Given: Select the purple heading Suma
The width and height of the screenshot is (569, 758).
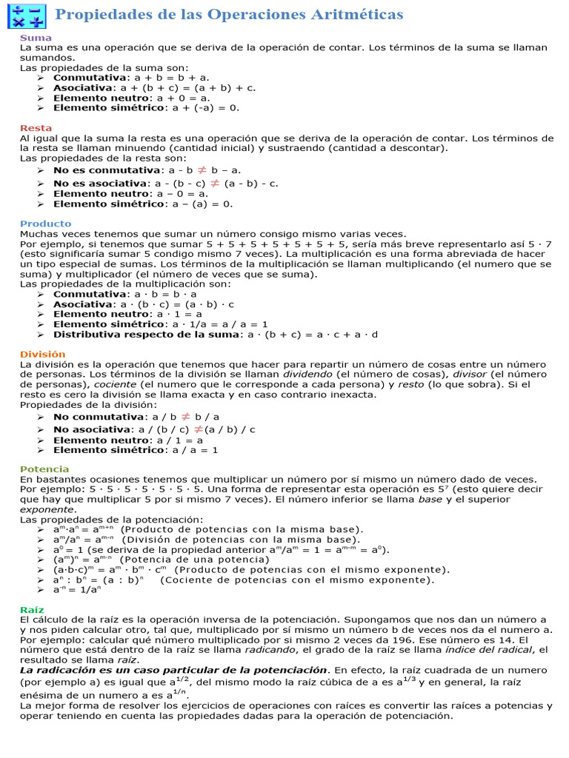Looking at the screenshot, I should point(36,37).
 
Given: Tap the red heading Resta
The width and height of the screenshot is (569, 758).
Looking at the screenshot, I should point(36,128).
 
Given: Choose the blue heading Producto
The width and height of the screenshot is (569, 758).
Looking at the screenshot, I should point(45,224).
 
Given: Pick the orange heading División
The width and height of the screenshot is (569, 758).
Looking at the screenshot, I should point(42,354).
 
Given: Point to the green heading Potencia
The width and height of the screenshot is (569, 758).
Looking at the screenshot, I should point(44,469).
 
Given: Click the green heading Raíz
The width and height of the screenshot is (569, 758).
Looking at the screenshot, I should point(32,608).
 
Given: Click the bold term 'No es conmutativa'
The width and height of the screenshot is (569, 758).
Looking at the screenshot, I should point(107,170).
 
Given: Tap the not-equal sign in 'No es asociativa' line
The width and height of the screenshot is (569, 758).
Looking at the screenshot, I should point(215,183).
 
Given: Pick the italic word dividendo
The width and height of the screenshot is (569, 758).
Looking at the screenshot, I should point(302,375).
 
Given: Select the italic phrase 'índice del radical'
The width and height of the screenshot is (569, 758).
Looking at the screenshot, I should point(489,649).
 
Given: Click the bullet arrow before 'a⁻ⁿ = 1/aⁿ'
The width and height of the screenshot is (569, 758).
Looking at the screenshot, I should point(40,590).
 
